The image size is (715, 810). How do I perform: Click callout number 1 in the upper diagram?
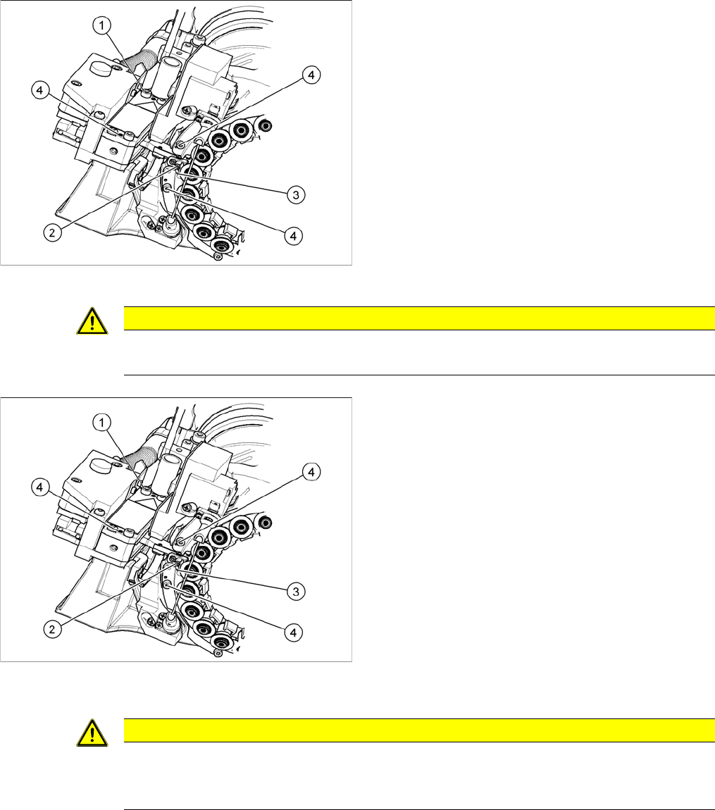click(103, 25)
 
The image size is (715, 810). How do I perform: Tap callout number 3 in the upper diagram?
click(298, 195)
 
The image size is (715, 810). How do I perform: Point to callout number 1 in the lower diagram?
click(103, 423)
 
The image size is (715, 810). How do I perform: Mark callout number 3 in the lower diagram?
click(298, 592)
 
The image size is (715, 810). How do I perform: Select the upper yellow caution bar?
click(419, 318)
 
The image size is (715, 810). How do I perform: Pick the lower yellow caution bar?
click(419, 730)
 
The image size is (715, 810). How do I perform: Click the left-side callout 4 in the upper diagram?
click(40, 90)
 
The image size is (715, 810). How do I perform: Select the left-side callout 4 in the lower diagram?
click(40, 487)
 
